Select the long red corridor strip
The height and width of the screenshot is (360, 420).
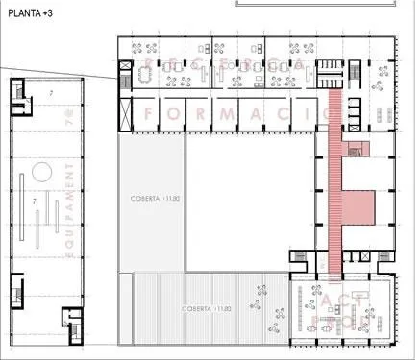pos(335,182)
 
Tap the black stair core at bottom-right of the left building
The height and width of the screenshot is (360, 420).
pos(68,321)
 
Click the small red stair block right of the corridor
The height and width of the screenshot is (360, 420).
pos(358,148)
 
